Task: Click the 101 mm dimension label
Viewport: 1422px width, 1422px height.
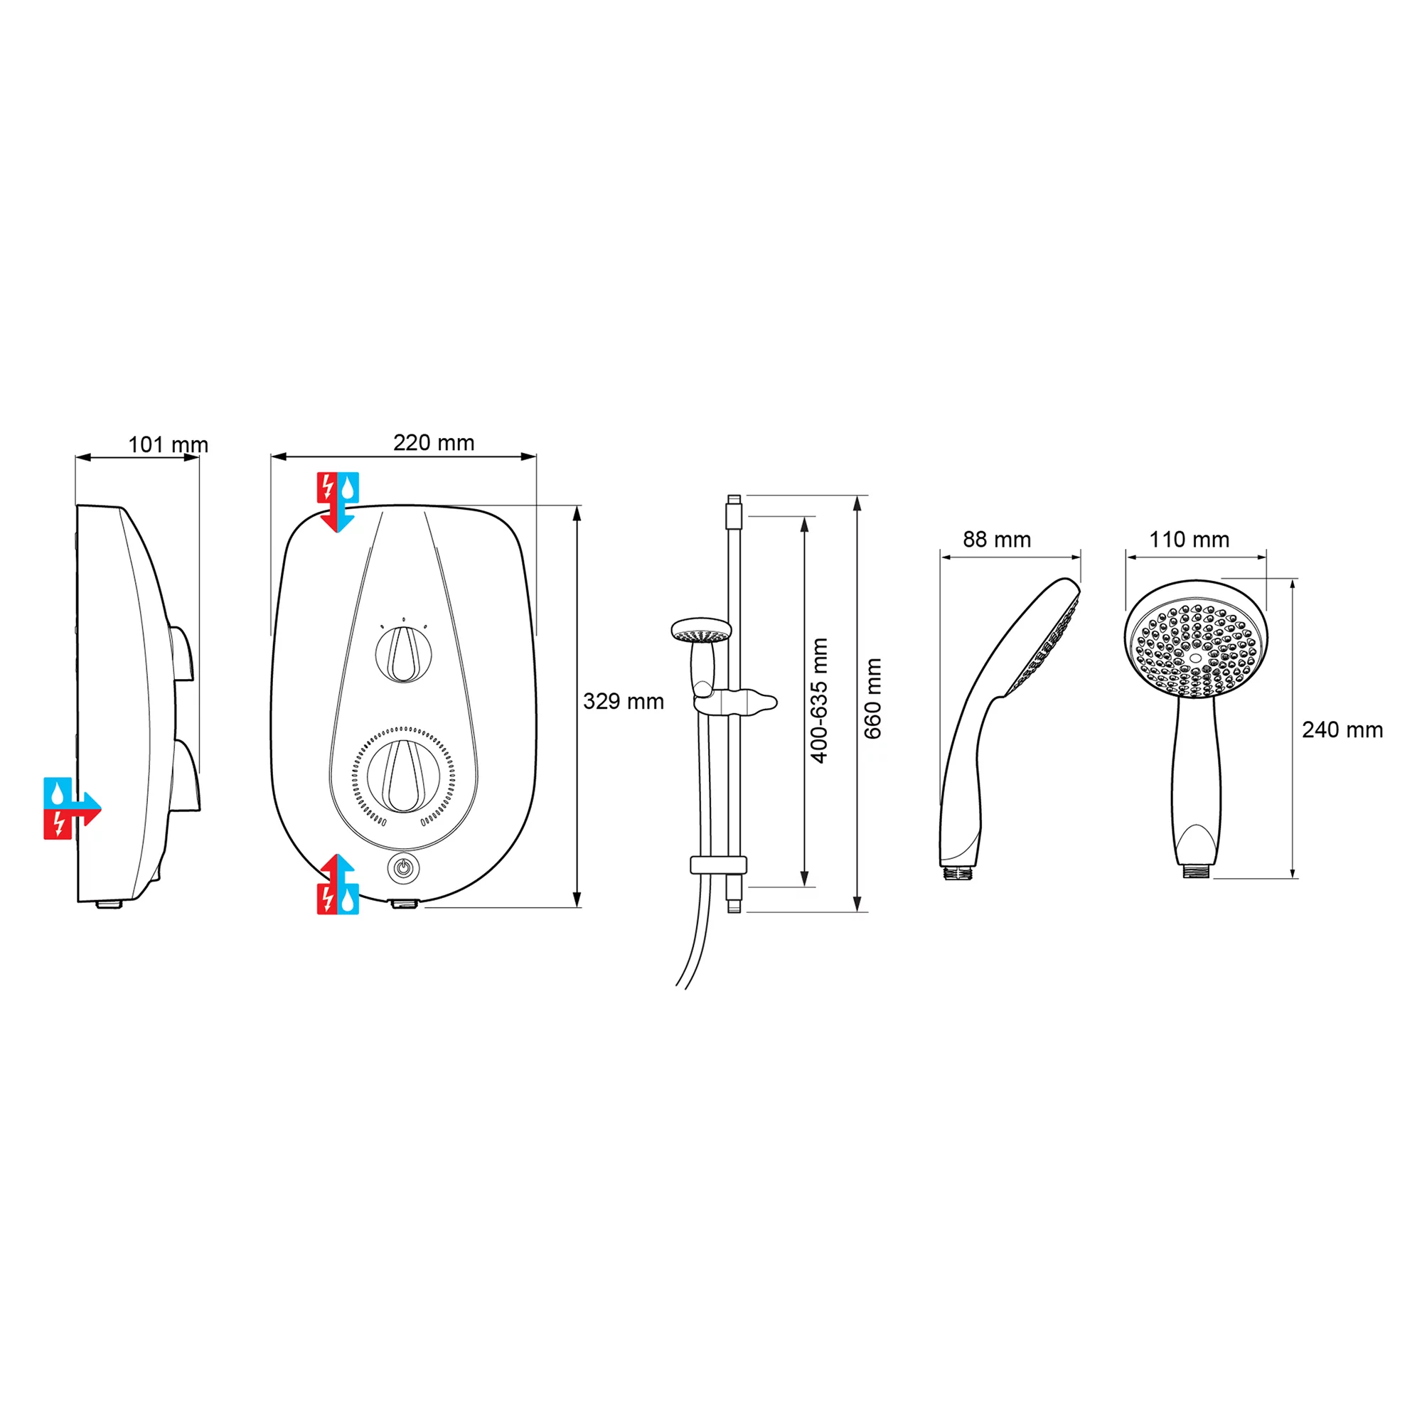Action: tap(169, 445)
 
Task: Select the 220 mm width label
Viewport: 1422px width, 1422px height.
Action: tap(434, 442)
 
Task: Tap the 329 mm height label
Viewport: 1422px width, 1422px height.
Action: tap(624, 702)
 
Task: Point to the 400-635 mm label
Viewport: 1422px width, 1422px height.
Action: tap(819, 701)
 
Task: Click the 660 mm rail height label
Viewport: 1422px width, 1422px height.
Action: tap(872, 699)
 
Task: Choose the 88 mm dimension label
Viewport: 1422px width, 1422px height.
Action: tap(997, 540)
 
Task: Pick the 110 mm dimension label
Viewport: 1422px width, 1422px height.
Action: tap(1190, 540)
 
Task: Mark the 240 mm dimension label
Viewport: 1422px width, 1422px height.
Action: tap(1342, 730)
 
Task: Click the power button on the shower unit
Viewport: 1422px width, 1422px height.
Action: tap(402, 867)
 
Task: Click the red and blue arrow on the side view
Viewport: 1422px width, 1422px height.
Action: tap(71, 808)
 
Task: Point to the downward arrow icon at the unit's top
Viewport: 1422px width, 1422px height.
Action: tap(337, 502)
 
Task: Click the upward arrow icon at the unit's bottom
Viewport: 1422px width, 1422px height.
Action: tap(338, 884)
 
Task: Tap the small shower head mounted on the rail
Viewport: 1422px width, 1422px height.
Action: tap(702, 631)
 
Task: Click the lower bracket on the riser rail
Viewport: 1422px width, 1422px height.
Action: tap(718, 865)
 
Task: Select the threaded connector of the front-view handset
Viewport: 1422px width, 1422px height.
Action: tap(1196, 872)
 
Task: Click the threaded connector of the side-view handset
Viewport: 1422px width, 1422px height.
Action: tap(959, 872)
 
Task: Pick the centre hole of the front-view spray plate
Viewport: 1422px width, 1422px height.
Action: tap(1195, 657)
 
